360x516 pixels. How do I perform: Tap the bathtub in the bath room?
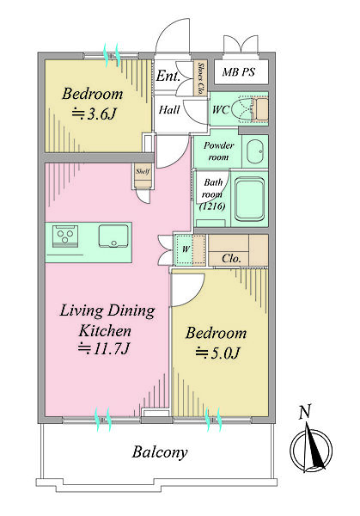[250, 200]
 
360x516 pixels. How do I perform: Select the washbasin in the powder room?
[255, 151]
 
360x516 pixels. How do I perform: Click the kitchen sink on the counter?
[113, 236]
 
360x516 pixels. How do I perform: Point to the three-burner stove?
[65, 236]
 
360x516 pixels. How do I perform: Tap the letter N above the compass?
[305, 412]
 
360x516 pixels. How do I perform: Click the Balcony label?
[160, 452]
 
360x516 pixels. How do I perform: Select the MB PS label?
[238, 71]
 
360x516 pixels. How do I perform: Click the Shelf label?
[143, 171]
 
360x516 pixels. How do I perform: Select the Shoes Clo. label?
[200, 78]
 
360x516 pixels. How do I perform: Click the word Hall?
[169, 109]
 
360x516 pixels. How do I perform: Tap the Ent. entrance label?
[168, 76]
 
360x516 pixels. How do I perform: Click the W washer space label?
[186, 249]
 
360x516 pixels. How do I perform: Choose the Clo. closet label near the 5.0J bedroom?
[231, 258]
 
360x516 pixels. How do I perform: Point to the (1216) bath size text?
[212, 206]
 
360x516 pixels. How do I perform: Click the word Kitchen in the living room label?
[105, 331]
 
